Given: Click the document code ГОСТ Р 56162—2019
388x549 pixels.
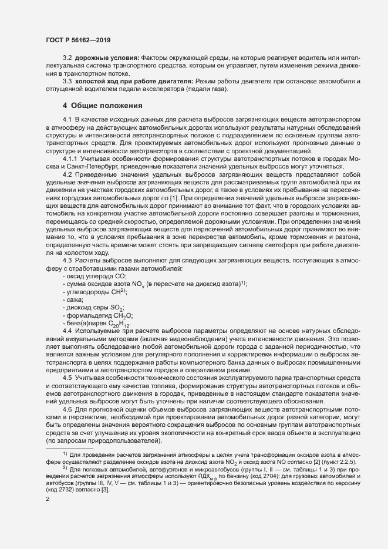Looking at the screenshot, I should (x=78, y=40).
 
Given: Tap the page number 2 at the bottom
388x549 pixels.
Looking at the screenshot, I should (x=47, y=499).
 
